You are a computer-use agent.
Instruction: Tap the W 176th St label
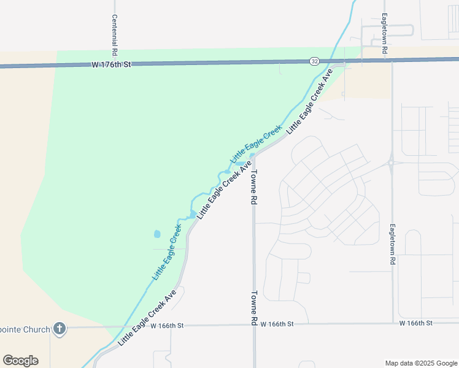(112, 64)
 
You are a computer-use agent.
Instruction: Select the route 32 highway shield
(314, 61)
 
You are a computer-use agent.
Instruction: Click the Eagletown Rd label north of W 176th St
(384, 34)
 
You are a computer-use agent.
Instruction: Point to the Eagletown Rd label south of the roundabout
(393, 244)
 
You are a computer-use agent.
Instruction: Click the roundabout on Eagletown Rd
(391, 163)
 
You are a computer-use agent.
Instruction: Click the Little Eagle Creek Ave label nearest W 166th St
(147, 317)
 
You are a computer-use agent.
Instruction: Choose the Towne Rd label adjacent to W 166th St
(253, 307)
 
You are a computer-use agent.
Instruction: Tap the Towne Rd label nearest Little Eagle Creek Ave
(253, 188)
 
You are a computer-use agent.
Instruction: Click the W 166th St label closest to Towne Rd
(277, 323)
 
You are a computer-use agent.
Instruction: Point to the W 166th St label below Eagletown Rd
(416, 323)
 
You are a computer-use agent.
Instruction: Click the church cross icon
(59, 329)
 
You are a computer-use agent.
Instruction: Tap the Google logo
(20, 361)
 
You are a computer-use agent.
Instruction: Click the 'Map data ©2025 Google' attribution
(421, 363)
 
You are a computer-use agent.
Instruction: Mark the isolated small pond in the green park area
(156, 234)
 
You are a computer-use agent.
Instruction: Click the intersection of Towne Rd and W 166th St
(253, 324)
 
